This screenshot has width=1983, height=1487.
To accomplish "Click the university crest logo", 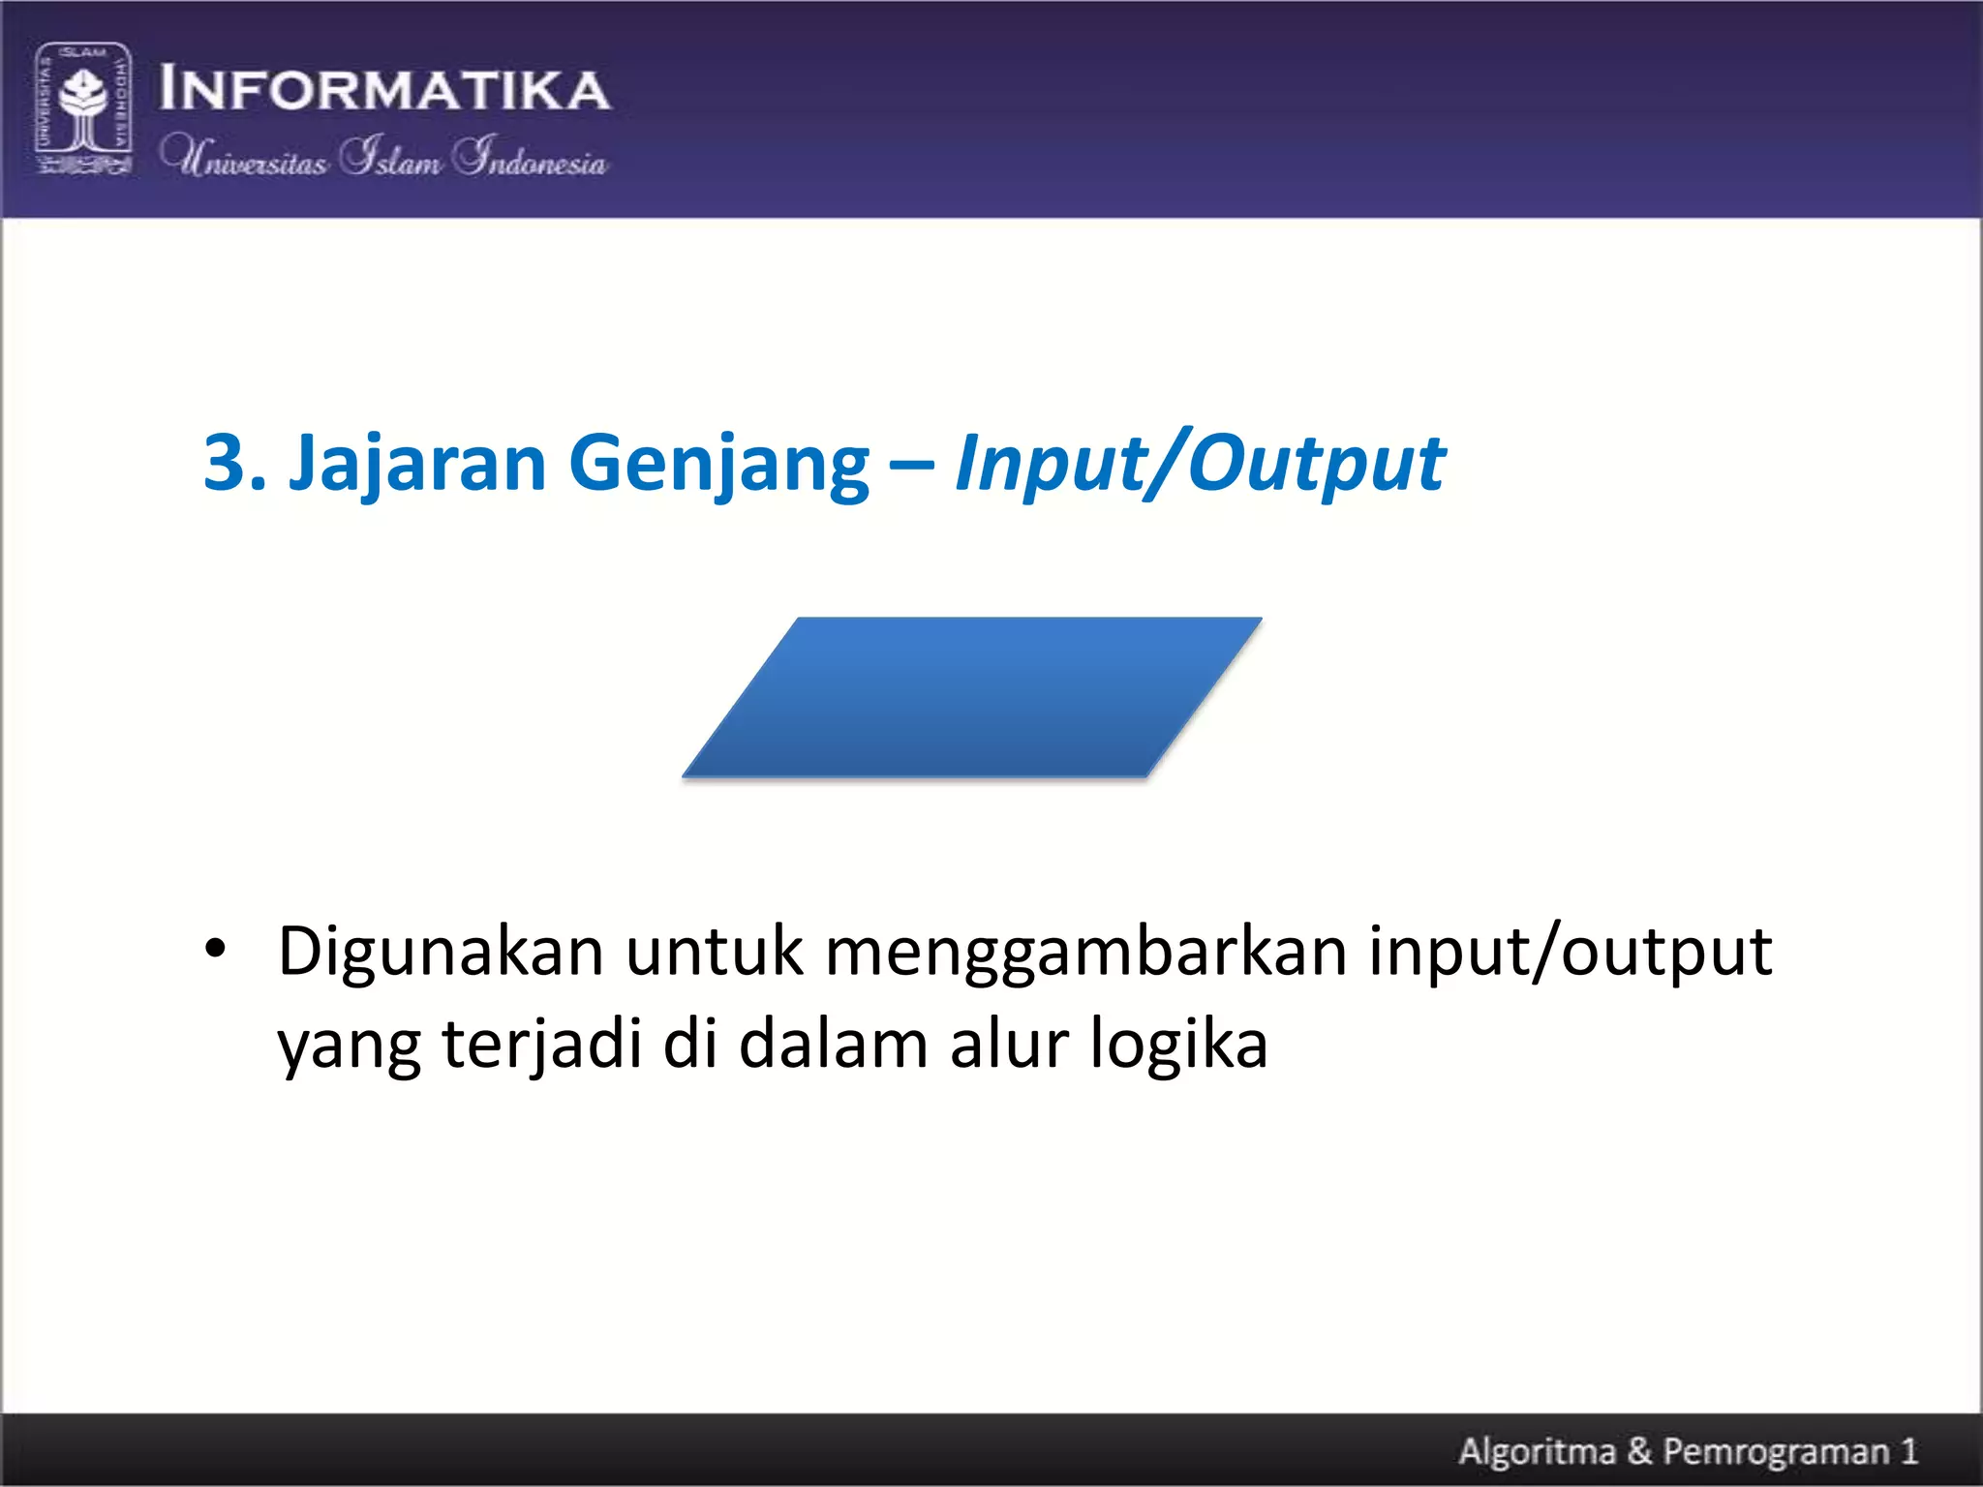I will (x=83, y=108).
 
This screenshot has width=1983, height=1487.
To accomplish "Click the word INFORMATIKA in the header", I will (x=384, y=89).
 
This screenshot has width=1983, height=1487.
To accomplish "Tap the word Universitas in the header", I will (x=244, y=157).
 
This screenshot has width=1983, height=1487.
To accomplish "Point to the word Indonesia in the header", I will (x=531, y=157).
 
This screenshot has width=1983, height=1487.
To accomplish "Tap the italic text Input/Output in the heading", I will (x=1200, y=464).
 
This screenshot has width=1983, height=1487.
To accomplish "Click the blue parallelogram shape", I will (x=971, y=697).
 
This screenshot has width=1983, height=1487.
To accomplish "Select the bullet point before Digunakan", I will (x=215, y=948).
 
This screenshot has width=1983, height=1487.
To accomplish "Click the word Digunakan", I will (x=441, y=952).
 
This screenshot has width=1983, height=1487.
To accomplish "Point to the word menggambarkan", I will (x=1085, y=952).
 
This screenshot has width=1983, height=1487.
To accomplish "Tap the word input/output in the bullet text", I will (x=1570, y=952).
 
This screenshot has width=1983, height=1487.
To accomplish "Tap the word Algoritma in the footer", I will (x=1537, y=1451).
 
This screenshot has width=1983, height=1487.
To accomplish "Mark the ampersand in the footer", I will (x=1639, y=1451).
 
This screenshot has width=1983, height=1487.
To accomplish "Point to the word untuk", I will (x=714, y=952).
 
